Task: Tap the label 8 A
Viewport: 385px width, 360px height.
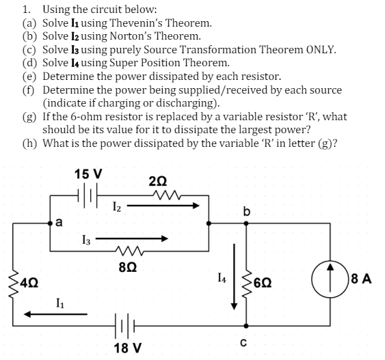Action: [368, 278]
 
